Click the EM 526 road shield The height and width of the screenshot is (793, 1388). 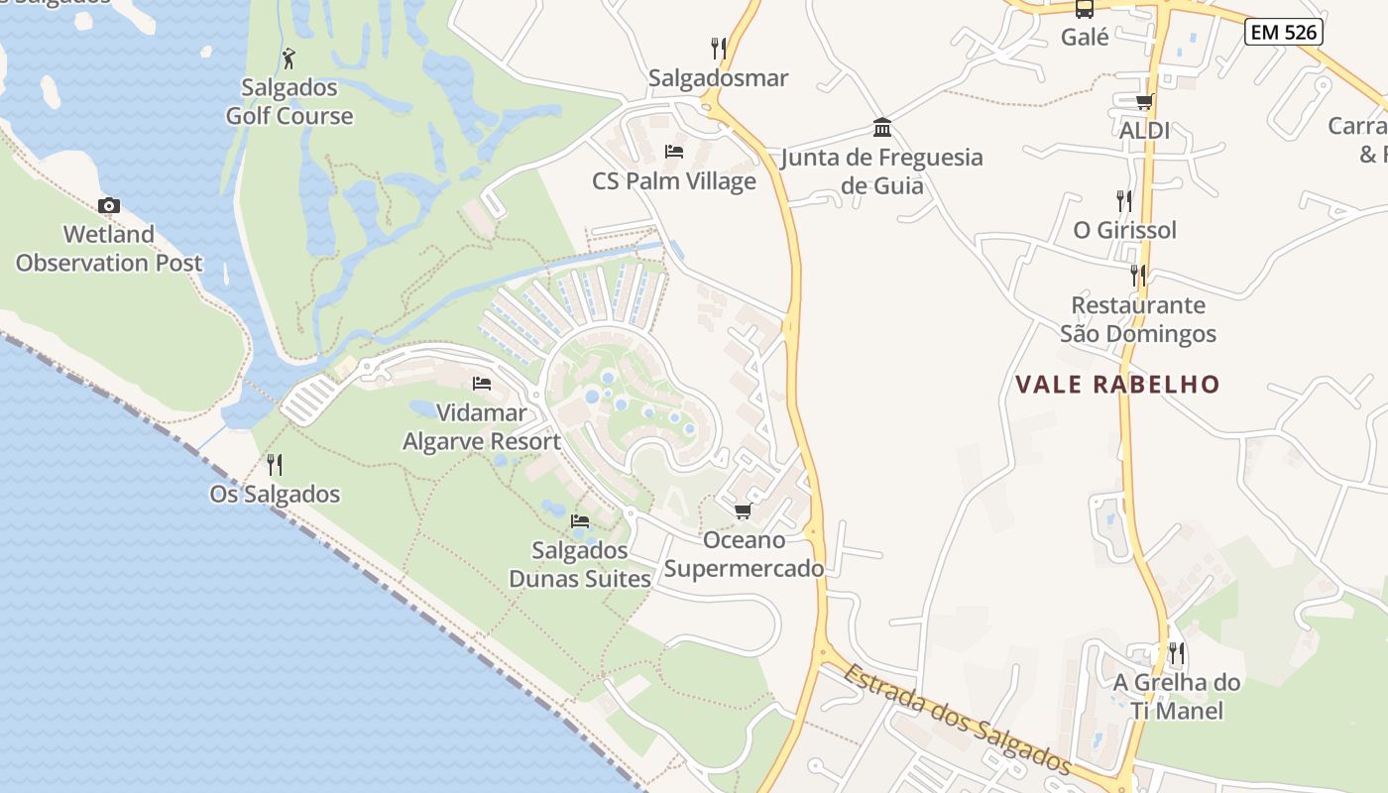coord(1284,32)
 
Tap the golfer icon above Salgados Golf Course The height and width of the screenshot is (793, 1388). coord(289,58)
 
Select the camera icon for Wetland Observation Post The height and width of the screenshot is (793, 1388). coord(109,206)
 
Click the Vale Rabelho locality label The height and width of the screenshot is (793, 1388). coord(1117,385)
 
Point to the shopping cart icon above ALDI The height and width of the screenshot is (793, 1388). coord(1144,101)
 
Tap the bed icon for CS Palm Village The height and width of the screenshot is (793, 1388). coord(674,152)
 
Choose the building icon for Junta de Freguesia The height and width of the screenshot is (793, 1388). coord(881,128)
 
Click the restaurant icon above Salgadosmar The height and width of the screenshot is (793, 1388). coord(719,48)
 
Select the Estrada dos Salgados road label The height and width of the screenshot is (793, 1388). coord(957,719)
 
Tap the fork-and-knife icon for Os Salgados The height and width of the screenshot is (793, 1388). coord(275,464)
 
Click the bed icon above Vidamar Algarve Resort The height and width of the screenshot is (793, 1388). coord(482,384)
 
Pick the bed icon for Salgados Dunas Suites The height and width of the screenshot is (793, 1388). coord(580,520)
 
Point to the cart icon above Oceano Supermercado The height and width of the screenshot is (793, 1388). coord(743,510)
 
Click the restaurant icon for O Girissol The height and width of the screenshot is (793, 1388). coord(1123,201)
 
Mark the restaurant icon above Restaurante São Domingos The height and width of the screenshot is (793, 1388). coord(1137,276)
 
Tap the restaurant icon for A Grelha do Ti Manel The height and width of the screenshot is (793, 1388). coord(1176,653)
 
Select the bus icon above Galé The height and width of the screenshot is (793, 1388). coord(1085,9)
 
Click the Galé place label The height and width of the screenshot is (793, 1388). coord(1085,38)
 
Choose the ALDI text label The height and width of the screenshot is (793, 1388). coord(1144,130)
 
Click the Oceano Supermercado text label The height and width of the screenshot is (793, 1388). coord(744,554)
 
